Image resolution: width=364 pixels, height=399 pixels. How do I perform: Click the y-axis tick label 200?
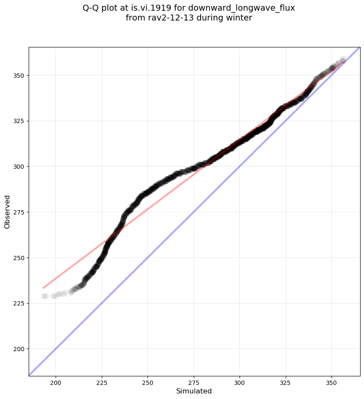(x=19, y=349)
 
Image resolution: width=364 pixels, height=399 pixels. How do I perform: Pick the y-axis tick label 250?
(x=19, y=258)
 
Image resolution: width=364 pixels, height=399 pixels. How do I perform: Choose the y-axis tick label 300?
(x=19, y=167)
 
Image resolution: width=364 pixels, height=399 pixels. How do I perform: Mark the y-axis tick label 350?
(x=19, y=76)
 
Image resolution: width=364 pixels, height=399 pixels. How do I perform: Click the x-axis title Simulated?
(x=194, y=391)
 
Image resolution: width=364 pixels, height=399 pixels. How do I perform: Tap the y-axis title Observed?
(x=7, y=211)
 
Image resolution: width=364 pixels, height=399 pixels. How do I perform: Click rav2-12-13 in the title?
(x=165, y=18)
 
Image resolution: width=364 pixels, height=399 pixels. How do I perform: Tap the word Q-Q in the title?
(x=91, y=8)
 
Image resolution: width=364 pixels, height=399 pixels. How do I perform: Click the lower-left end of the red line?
(x=43, y=288)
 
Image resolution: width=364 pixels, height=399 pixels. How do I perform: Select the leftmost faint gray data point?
(x=44, y=296)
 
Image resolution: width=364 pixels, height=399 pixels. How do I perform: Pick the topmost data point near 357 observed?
(x=343, y=59)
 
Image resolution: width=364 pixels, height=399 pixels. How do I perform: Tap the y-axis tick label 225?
(x=19, y=303)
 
